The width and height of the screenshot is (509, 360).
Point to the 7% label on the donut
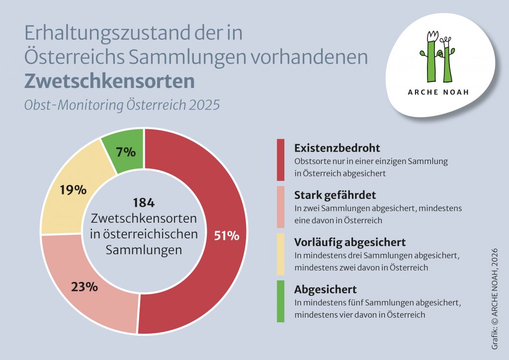[x=126, y=152]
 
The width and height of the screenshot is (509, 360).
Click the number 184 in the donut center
[x=144, y=203]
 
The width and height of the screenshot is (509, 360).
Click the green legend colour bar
[x=281, y=301]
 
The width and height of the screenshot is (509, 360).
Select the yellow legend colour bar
[x=281, y=254]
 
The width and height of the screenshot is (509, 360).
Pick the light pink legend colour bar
[x=281, y=206]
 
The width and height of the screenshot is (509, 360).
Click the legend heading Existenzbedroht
[x=337, y=148]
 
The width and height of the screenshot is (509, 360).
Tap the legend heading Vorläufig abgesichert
[x=350, y=242]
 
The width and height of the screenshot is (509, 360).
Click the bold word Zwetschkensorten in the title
[x=109, y=81]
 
